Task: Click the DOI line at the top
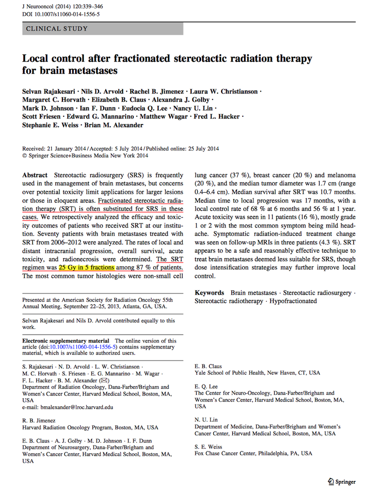[x=61, y=15]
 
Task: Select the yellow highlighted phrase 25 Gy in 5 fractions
[x=87, y=267]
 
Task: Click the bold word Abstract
[x=35, y=175]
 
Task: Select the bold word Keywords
[x=209, y=293]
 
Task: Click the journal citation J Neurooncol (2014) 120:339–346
[x=63, y=7]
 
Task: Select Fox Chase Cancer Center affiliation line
[x=253, y=454]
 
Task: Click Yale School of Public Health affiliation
[x=257, y=373]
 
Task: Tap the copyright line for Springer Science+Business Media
[x=85, y=156]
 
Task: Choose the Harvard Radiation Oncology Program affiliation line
[x=90, y=428]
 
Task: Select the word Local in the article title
[x=36, y=59]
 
